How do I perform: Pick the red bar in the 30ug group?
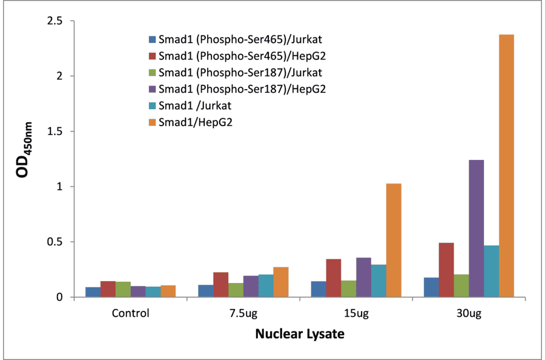point(446,270)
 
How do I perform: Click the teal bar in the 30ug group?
point(491,271)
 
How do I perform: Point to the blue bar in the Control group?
point(93,292)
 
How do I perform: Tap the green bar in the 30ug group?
point(461,285)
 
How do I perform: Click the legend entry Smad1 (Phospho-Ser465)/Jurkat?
point(240,40)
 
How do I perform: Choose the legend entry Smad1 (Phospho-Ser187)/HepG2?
point(240,89)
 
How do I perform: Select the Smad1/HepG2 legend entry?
point(196,122)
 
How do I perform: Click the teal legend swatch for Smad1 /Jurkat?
point(151,106)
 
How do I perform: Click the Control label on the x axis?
point(130,314)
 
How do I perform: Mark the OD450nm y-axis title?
point(24,159)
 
